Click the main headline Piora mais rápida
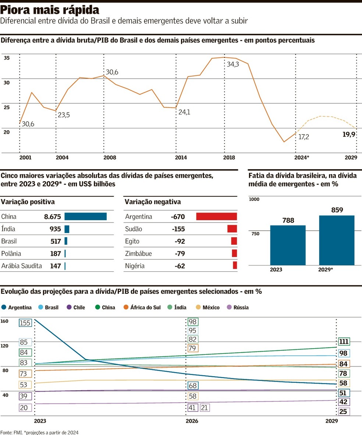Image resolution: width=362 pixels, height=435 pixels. [x=50, y=10]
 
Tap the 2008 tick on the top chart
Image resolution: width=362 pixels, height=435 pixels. [x=110, y=158]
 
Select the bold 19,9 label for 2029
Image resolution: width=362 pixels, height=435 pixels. [x=349, y=135]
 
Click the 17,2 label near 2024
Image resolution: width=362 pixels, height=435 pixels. [x=304, y=137]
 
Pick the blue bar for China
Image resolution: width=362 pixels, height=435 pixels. [x=85, y=217]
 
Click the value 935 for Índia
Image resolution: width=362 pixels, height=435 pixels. [x=55, y=229]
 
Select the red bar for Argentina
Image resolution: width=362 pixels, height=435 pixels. [x=216, y=217]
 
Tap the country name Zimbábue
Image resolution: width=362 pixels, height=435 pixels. [x=138, y=254]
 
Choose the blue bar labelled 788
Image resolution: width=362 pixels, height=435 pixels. [x=288, y=245]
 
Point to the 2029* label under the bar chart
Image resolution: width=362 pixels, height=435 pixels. [x=325, y=270]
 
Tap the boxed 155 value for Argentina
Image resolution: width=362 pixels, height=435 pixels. [x=25, y=323]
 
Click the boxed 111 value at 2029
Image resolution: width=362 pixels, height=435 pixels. [x=344, y=342]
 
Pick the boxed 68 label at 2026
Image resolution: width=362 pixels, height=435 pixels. [x=192, y=386]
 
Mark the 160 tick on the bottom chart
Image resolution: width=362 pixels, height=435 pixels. [x=4, y=321]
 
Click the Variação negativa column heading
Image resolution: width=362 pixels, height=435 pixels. [x=152, y=202]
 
